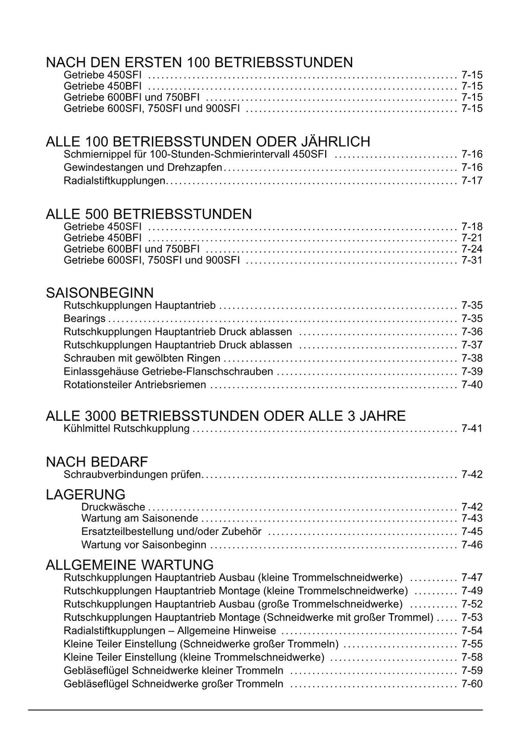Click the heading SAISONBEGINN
pyautogui.click(x=100, y=293)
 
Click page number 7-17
pyautogui.click(x=471, y=181)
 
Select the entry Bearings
pyautogui.click(x=85, y=318)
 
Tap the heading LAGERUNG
pyautogui.click(x=86, y=494)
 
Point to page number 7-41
pyautogui.click(x=471, y=429)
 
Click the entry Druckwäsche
pyautogui.click(x=113, y=507)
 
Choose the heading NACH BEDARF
pyautogui.click(x=97, y=461)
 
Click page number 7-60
pyautogui.click(x=471, y=684)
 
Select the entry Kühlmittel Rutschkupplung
pyautogui.click(x=127, y=429)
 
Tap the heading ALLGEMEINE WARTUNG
pyautogui.click(x=130, y=564)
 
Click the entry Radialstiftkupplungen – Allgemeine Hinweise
pyautogui.click(x=170, y=631)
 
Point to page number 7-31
pyautogui.click(x=471, y=260)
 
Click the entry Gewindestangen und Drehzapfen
pyautogui.click(x=143, y=167)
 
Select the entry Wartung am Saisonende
pyautogui.click(x=139, y=518)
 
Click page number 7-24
pyautogui.click(x=471, y=249)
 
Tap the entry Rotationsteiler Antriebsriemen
pyautogui.click(x=135, y=385)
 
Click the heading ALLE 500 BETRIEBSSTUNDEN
pyautogui.click(x=149, y=214)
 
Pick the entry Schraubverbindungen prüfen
pyautogui.click(x=132, y=474)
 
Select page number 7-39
pyautogui.click(x=471, y=371)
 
